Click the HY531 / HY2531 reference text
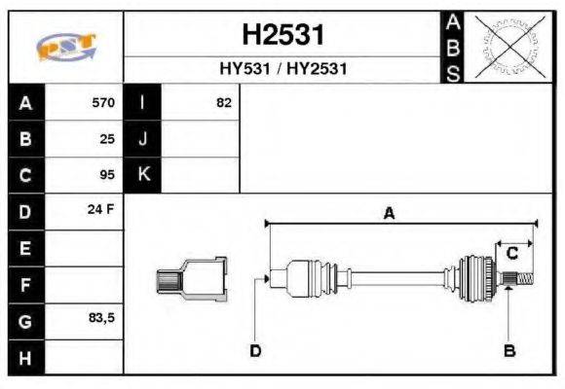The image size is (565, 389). tap(282, 70)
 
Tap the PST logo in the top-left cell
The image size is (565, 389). tap(64, 47)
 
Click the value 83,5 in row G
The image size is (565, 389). tap(102, 318)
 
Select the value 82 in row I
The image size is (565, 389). tap(224, 102)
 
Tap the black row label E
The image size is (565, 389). tap(25, 248)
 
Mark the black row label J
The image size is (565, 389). tap(143, 138)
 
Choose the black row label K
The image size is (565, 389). tap(143, 175)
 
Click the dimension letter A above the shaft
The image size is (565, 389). tap(389, 213)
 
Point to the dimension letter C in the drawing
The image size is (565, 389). tap(511, 255)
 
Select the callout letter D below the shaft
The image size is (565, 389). tap(255, 349)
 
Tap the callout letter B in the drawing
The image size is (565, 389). tap(508, 349)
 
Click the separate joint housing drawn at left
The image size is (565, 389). tap(194, 279)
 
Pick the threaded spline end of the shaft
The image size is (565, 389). tap(521, 280)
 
